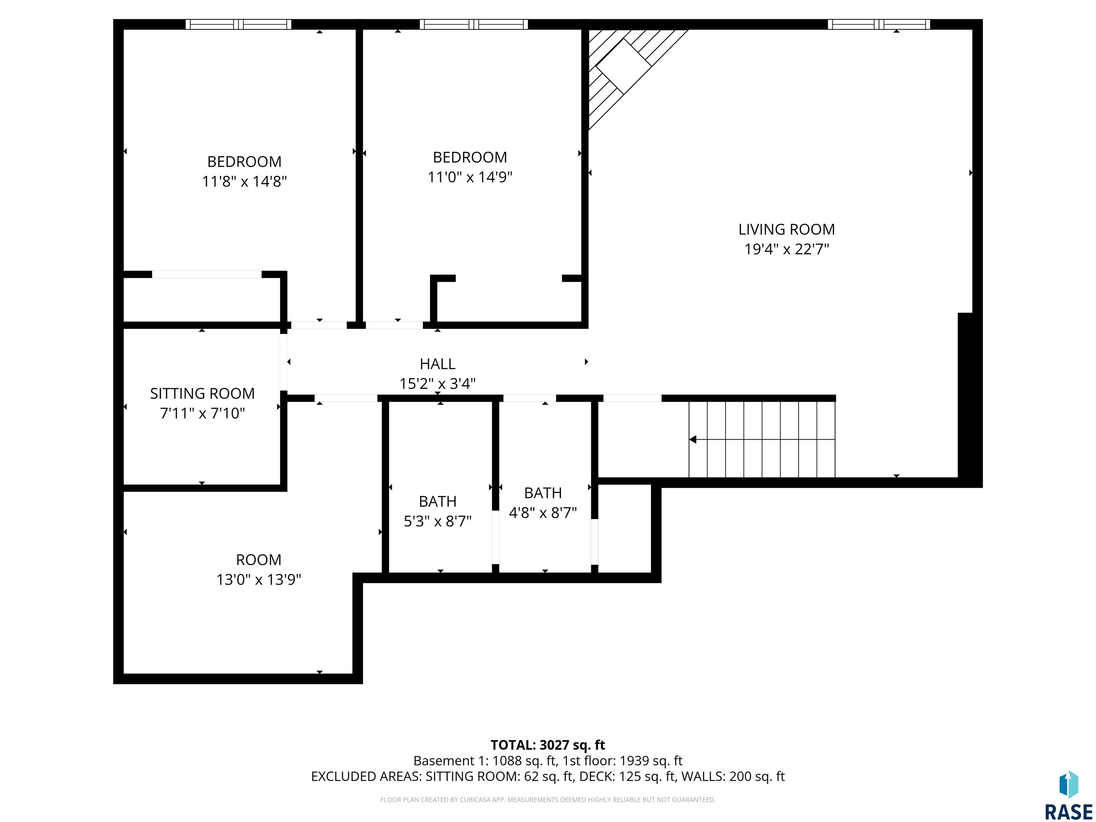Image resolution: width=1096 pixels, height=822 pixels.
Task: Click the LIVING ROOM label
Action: [786, 229]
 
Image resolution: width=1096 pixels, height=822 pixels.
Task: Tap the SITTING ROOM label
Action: [202, 394]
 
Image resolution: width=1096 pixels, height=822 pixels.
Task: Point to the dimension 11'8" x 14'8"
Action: [244, 181]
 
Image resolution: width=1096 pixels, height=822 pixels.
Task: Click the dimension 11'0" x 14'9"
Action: [470, 177]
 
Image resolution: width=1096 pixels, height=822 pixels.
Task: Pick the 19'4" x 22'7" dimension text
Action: [786, 249]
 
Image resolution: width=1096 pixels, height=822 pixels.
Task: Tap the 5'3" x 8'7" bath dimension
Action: [437, 521]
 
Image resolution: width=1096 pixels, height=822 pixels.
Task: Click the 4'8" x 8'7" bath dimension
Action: [543, 512]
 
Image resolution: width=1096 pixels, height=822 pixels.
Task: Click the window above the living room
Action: [878, 24]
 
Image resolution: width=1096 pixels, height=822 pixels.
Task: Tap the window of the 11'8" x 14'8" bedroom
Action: [238, 24]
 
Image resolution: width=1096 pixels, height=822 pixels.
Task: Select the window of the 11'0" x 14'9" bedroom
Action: [474, 24]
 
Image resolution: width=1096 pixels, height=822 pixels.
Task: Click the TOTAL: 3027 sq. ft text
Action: [548, 745]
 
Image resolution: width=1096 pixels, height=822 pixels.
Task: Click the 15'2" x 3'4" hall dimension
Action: [437, 384]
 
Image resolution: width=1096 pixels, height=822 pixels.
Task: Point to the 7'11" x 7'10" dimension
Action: [202, 413]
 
